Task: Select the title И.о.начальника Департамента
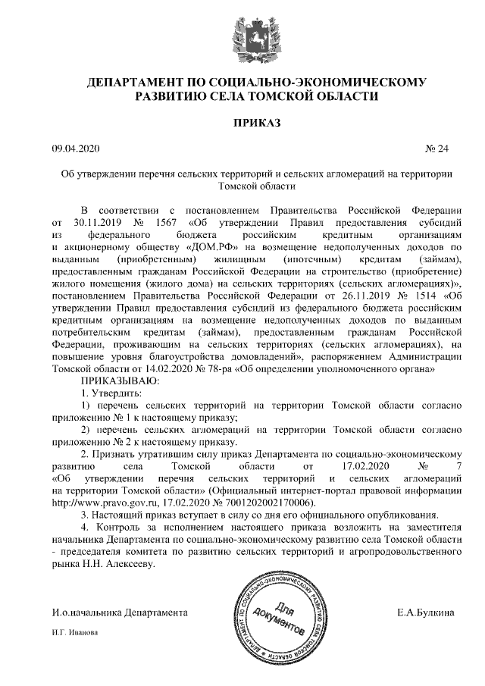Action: (119, 612)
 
